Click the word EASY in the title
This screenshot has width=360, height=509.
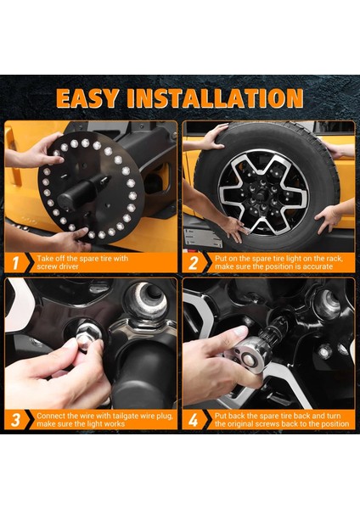tap(87, 98)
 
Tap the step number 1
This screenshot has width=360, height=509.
tap(15, 263)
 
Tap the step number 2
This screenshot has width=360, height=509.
tap(193, 263)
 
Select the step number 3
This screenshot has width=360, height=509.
tap(15, 420)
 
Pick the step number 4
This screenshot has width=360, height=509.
tap(193, 420)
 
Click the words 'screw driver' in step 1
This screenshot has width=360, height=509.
tap(58, 266)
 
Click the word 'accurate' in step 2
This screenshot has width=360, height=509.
tap(318, 266)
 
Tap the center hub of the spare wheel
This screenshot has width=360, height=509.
tap(262, 193)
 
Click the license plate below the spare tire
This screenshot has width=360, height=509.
tap(203, 238)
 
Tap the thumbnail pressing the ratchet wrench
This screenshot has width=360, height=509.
tap(239, 331)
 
